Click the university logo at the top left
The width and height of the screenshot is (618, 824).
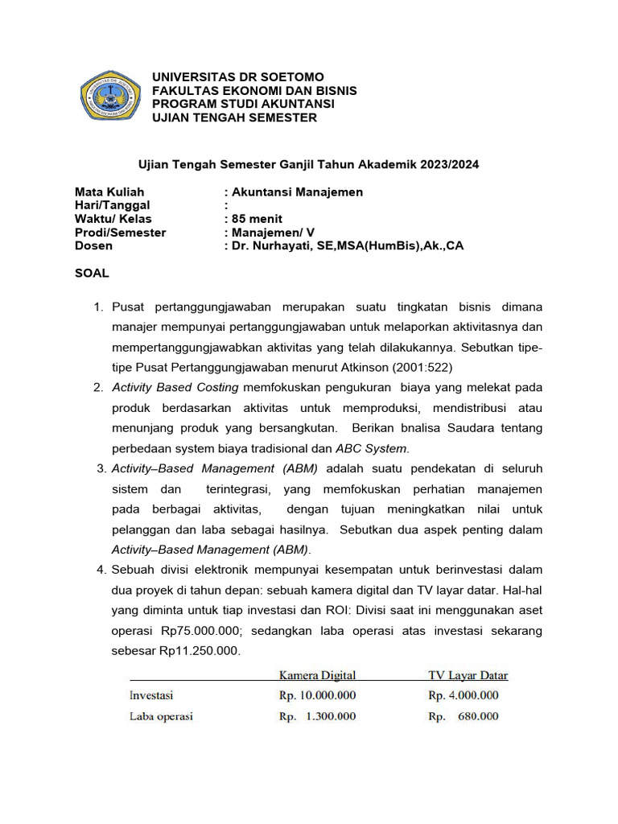[111, 97]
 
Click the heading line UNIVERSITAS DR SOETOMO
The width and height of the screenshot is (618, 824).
[238, 77]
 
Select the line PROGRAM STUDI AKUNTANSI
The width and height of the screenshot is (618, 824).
[243, 105]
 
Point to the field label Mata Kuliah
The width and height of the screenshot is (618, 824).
[109, 192]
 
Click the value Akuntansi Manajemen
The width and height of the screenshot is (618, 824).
[296, 192]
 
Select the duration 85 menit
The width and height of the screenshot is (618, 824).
[256, 219]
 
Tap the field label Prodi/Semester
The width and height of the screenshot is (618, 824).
[121, 233]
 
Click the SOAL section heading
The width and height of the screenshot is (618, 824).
[92, 274]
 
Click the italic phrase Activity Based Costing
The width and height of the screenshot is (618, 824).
[175, 387]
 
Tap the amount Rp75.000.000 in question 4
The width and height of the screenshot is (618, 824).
[197, 631]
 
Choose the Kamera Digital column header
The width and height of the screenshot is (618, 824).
[317, 675]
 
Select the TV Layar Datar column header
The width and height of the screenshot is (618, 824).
[468, 675]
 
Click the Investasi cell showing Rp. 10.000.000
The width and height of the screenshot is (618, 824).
[317, 695]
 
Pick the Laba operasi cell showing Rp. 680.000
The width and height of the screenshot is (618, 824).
[463, 716]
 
